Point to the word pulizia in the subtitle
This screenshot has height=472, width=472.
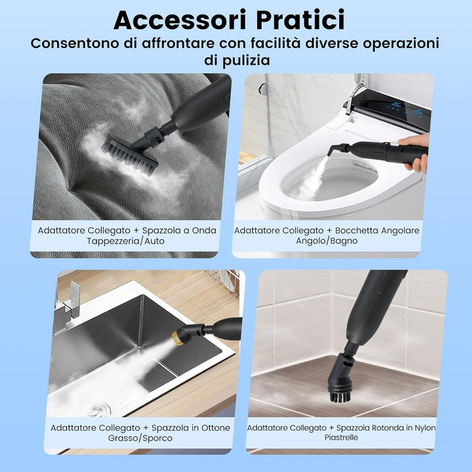tap(245, 60)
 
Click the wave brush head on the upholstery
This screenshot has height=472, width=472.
tap(132, 153)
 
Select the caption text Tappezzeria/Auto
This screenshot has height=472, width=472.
tap(125, 241)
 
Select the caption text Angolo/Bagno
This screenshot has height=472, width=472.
tap(327, 241)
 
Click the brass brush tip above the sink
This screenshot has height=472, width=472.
tap(180, 335)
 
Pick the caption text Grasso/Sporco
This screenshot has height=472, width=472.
tap(140, 438)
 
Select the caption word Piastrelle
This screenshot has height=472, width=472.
tap(341, 438)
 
